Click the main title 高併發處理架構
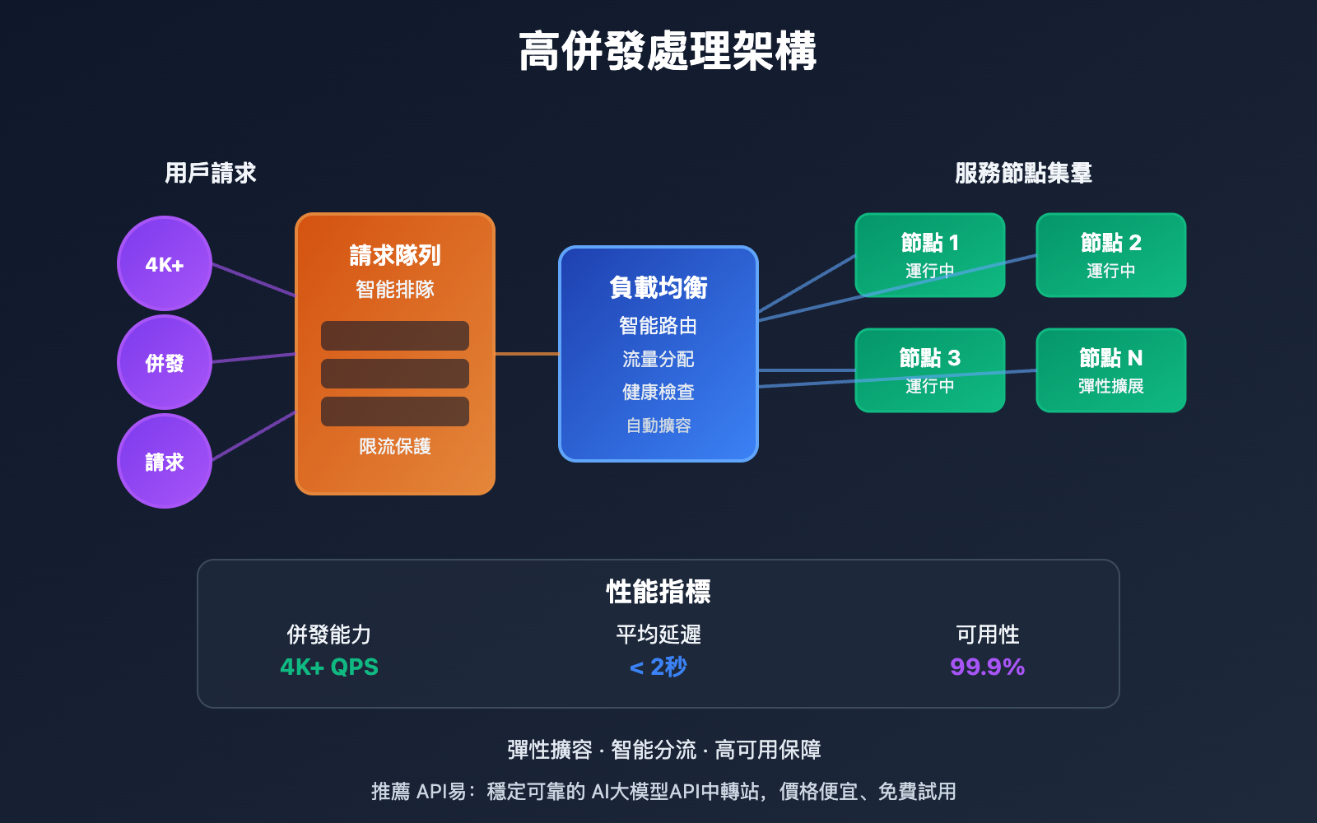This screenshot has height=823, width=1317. (x=667, y=51)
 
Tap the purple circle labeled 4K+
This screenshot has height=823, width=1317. (x=165, y=263)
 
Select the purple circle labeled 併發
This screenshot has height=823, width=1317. (x=165, y=362)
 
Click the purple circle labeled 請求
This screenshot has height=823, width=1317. (x=165, y=461)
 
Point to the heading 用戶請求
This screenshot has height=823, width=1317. (x=211, y=173)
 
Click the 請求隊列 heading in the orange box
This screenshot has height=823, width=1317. (x=395, y=255)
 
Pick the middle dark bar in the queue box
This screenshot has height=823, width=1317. (x=395, y=374)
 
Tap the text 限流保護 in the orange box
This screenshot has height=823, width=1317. (x=395, y=446)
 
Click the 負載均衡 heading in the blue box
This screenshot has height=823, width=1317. (x=658, y=287)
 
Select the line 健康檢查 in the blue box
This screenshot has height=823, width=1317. (x=658, y=392)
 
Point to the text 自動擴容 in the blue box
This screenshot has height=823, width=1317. (x=658, y=425)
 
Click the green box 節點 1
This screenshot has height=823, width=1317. (x=930, y=254)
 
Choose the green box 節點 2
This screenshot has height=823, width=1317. (x=1111, y=254)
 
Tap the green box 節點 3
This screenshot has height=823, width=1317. (x=930, y=370)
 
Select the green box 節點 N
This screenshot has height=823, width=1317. (x=1111, y=370)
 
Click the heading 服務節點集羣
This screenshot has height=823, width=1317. (x=1023, y=173)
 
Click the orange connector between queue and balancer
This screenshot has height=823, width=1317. (x=527, y=354)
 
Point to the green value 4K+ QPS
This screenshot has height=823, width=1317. (x=329, y=667)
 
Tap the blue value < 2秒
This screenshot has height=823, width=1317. (x=658, y=667)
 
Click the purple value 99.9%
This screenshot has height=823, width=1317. (x=987, y=667)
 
